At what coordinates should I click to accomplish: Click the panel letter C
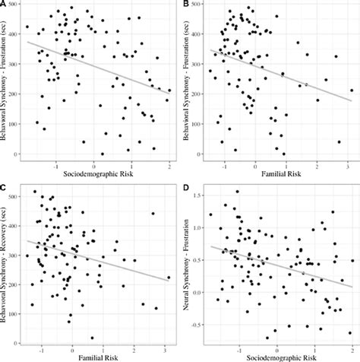[4, 186]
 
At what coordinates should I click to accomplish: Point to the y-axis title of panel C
[8, 263]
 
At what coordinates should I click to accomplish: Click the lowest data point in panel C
[92, 338]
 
